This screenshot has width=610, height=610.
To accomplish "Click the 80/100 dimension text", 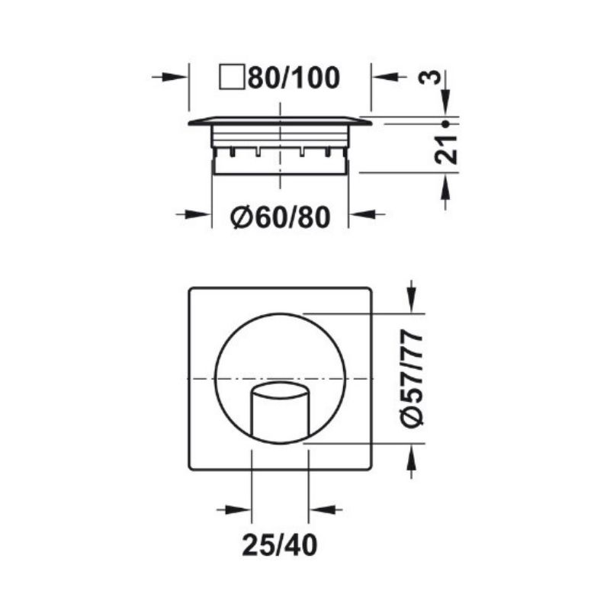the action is (x=294, y=78).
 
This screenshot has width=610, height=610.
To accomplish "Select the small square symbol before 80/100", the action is (x=233, y=78).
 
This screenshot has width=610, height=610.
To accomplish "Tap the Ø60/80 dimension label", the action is (x=280, y=217).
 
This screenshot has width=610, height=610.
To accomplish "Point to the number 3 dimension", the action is (x=431, y=78).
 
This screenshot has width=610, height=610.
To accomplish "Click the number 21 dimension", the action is (x=446, y=149).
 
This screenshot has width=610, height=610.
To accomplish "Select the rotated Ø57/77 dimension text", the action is (x=412, y=378).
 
